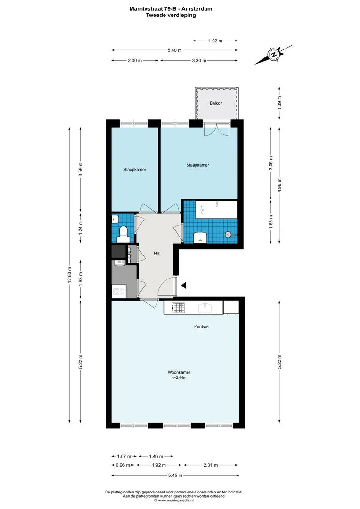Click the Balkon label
coord(216,103)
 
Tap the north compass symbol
coord(274,54)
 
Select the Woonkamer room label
coord(179,372)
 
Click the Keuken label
coord(201,327)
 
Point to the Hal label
coord(157,253)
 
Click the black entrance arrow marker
coord(184,286)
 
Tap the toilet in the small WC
coord(123,232)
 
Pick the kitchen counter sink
coord(205,308)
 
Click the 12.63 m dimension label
coord(69,275)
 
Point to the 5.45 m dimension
coord(175,475)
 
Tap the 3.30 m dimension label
coord(199,60)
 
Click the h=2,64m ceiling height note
coord(179,378)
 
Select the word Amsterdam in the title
coord(198,9)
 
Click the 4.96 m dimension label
coord(279,185)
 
